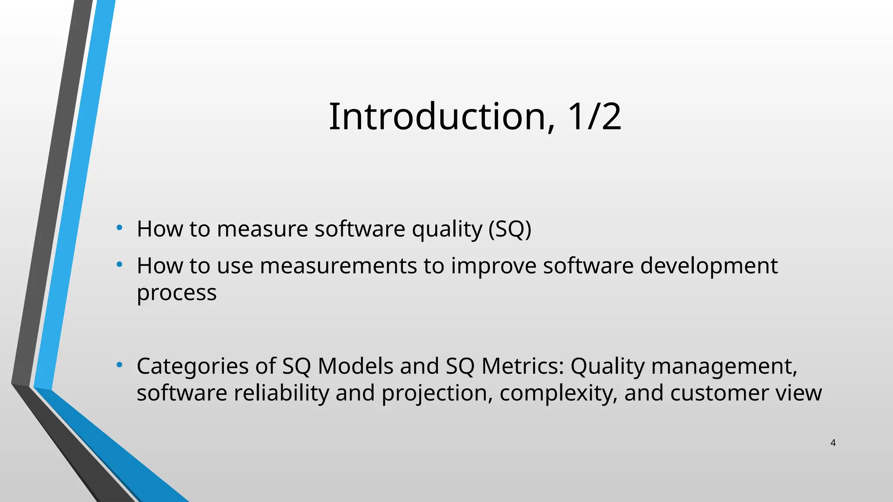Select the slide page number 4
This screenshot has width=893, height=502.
tap(833, 443)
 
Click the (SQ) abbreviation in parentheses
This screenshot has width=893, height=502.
tap(510, 229)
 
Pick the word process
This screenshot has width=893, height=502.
tap(177, 292)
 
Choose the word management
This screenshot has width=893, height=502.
tap(724, 366)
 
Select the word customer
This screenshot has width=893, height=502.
tap(713, 393)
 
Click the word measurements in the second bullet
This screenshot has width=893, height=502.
tap(338, 266)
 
